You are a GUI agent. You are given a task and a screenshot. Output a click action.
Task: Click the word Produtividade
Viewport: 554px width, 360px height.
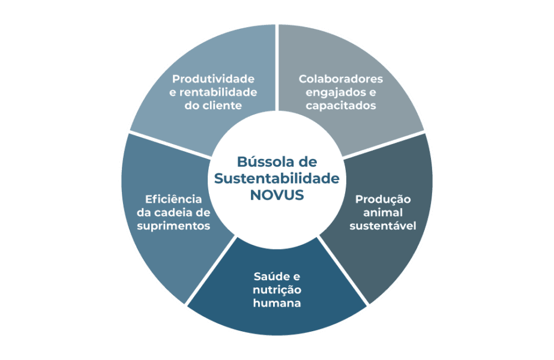(x=213, y=79)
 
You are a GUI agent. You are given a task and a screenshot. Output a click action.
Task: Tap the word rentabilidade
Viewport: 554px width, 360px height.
(x=218, y=92)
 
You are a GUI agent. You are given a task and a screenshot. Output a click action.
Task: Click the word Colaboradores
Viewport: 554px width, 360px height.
(x=340, y=79)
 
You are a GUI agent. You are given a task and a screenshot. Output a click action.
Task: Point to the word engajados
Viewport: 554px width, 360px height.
(x=332, y=92)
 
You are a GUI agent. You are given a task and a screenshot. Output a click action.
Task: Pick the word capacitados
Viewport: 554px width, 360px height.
(x=340, y=105)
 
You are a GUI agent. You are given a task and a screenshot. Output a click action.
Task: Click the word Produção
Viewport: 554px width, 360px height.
(x=383, y=199)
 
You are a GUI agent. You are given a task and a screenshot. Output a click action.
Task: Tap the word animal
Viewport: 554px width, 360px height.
(x=383, y=212)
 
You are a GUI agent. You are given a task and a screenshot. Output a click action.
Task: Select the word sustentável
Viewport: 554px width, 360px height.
(x=383, y=226)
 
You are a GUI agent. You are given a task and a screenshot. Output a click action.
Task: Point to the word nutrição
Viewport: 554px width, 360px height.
(x=277, y=290)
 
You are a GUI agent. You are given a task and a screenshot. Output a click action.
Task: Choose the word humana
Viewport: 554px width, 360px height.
(x=277, y=303)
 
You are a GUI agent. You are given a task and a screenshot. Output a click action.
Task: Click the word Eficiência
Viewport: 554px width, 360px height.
(x=173, y=199)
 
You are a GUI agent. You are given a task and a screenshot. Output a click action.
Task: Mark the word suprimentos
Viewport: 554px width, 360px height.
(x=173, y=226)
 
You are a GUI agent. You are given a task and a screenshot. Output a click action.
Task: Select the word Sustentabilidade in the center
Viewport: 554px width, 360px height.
(x=277, y=178)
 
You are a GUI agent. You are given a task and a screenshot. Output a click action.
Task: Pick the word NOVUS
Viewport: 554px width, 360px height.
(x=277, y=195)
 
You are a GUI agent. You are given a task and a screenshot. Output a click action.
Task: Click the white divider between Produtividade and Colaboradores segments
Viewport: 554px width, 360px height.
(x=277, y=67)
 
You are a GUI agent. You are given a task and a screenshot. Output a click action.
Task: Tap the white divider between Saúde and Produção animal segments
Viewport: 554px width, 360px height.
(x=343, y=270)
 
